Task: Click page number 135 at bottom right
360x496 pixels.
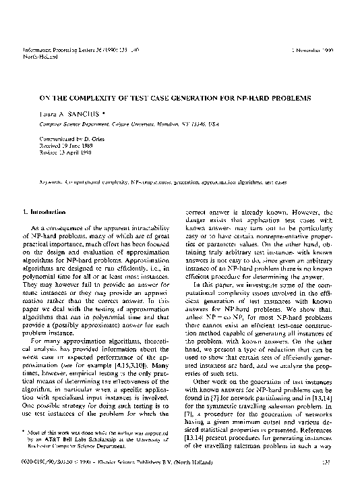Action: tap(322, 480)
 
